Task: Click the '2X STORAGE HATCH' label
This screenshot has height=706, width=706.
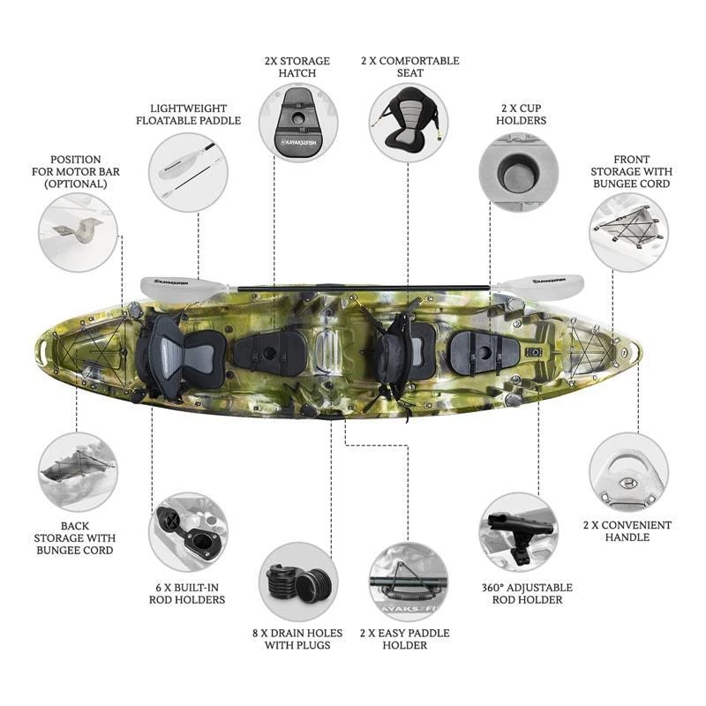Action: [x=297, y=67]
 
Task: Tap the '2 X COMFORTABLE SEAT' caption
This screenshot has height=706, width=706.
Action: [x=409, y=67]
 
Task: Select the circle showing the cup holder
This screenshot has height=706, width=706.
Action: [x=519, y=172]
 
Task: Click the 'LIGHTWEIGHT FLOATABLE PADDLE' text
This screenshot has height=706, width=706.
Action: [x=188, y=115]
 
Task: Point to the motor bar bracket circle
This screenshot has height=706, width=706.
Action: [x=78, y=232]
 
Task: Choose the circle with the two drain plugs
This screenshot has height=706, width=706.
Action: [x=298, y=582]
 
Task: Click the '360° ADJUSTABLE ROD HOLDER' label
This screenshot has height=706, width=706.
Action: [x=527, y=593]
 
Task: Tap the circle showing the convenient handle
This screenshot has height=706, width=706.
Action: [x=628, y=472]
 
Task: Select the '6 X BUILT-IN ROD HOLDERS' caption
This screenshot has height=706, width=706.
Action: [x=187, y=593]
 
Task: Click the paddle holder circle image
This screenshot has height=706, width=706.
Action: [x=409, y=582]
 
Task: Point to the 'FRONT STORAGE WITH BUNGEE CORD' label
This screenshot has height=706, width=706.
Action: [x=631, y=171]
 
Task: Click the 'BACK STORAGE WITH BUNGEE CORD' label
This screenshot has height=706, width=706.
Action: [x=75, y=538]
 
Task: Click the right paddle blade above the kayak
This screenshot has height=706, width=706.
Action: [x=539, y=283]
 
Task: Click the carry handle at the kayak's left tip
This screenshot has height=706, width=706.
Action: [x=43, y=351]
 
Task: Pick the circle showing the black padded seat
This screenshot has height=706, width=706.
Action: [x=409, y=123]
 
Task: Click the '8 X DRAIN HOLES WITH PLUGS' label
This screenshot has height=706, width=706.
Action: [x=297, y=639]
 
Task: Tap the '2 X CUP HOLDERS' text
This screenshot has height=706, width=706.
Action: [x=521, y=115]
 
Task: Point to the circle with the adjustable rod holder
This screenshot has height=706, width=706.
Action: [x=519, y=532]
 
